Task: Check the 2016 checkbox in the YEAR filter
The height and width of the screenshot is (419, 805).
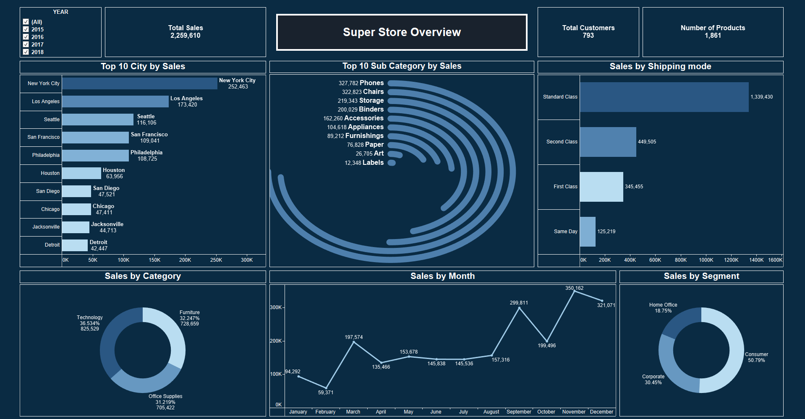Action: tap(26, 37)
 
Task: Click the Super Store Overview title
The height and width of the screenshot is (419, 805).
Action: tap(402, 32)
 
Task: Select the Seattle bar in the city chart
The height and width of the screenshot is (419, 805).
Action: tap(97, 120)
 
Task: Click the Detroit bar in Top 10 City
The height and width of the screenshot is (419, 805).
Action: tap(75, 245)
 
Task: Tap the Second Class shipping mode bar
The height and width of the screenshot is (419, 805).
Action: tap(608, 142)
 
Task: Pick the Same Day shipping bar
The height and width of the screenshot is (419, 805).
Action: tap(588, 232)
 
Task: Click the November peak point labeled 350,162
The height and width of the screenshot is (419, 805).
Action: tap(574, 291)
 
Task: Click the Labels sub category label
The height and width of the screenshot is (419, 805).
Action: tap(373, 163)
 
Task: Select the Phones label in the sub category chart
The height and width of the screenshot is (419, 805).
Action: tap(371, 83)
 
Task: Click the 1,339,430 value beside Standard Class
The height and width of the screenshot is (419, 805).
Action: tap(761, 97)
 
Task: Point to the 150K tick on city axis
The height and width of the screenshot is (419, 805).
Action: tap(154, 260)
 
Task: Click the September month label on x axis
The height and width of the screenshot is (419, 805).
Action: tap(519, 412)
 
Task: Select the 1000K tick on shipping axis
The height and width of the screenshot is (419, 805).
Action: tap(706, 260)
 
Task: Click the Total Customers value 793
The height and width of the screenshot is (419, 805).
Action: tap(588, 36)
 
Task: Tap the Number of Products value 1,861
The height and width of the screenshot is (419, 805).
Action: tap(713, 36)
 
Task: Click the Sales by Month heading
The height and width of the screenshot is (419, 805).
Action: tap(442, 276)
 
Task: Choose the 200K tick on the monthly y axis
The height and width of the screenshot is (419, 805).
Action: tap(276, 341)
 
